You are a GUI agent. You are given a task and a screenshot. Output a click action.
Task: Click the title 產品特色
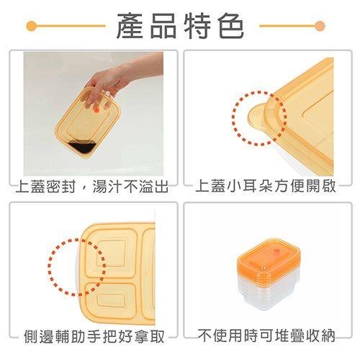pyautogui.click(x=180, y=26)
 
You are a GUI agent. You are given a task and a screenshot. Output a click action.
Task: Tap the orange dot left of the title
pyautogui.click(x=32, y=26)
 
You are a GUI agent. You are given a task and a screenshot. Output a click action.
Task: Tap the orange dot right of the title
pyautogui.click(x=320, y=26)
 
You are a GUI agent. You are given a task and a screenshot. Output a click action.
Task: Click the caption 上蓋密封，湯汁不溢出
pyautogui.click(x=92, y=186)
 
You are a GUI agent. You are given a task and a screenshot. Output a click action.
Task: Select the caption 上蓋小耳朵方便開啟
pyautogui.click(x=266, y=186)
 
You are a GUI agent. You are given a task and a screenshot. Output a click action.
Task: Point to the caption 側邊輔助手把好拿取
pyautogui.click(x=94, y=336)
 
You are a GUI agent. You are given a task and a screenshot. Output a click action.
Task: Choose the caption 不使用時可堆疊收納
pyautogui.click(x=266, y=336)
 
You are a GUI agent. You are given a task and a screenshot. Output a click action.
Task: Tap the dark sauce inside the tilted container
pyautogui.click(x=83, y=147)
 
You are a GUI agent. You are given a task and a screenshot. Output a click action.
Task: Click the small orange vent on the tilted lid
pyautogui.click(x=96, y=110)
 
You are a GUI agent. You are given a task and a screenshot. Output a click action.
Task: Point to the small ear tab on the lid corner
pyautogui.click(x=256, y=117)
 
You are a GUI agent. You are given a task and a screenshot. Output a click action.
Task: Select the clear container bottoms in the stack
pyautogui.click(x=269, y=294)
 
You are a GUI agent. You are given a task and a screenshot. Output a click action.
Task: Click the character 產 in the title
pyautogui.click(x=130, y=26)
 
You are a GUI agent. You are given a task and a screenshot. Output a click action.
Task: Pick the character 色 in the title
pyautogui.click(x=231, y=26)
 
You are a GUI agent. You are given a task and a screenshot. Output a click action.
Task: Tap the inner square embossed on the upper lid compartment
pyautogui.click(x=112, y=253)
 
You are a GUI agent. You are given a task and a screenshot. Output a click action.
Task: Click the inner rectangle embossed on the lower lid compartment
pyautogui.click(x=111, y=300)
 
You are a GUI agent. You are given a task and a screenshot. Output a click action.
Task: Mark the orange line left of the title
pyautogui.click(x=70, y=26)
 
